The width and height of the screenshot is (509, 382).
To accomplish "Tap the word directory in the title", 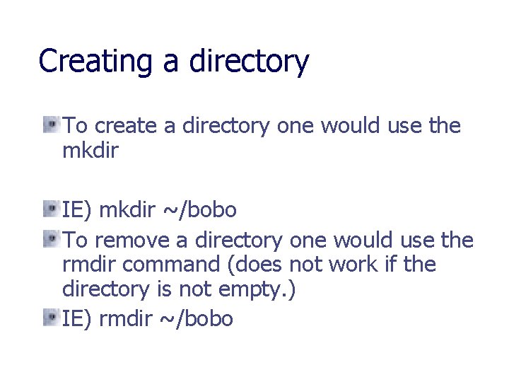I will (249, 62).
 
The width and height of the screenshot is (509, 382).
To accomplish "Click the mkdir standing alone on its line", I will (90, 151).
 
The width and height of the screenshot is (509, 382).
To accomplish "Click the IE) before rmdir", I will (77, 319).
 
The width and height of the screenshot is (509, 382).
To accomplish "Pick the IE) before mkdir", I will (77, 210).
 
